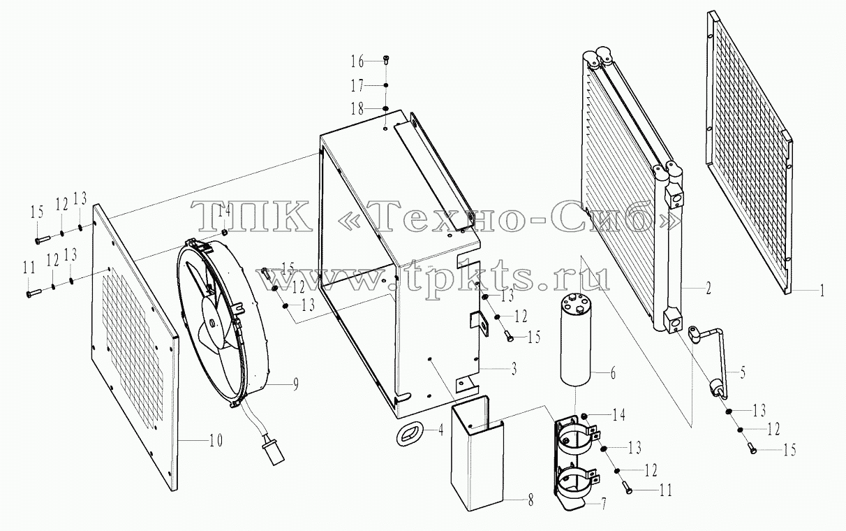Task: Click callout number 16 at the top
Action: click(357, 61)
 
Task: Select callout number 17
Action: click(357, 86)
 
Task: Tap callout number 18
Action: click(357, 109)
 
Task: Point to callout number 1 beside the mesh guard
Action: click(822, 291)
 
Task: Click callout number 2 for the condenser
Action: click(708, 289)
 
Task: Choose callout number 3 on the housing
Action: click(514, 368)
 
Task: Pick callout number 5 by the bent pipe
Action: click(743, 373)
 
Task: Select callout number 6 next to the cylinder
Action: click(613, 373)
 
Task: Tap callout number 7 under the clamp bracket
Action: click(603, 504)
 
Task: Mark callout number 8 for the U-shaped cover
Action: click(530, 501)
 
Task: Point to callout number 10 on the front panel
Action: click(215, 441)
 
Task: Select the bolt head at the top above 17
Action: click(386, 58)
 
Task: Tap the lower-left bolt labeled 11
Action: click(34, 293)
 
